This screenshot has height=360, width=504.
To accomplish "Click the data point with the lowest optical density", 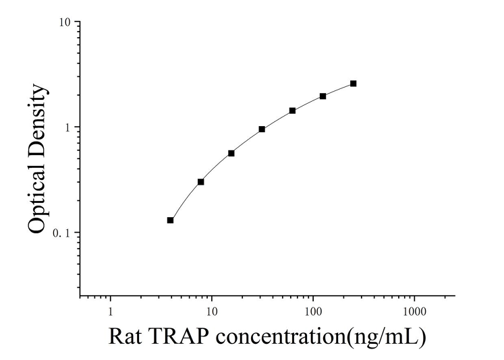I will click(x=171, y=220).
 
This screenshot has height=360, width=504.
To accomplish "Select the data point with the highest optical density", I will click(x=354, y=84).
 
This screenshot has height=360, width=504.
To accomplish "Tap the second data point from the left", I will click(x=201, y=182).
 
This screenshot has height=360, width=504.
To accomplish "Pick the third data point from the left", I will click(x=231, y=153).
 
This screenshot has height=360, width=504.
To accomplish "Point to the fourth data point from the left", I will click(x=262, y=129).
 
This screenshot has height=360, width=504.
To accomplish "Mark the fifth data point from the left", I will click(x=292, y=111).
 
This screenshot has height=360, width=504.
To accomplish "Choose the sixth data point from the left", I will click(x=323, y=96).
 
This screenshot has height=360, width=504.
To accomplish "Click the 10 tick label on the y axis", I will click(x=65, y=22).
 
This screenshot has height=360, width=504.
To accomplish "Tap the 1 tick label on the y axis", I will click(x=69, y=127).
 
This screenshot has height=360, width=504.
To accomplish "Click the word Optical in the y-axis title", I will click(x=38, y=197).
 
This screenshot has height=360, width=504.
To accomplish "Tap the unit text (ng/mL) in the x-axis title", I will click(x=385, y=336).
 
